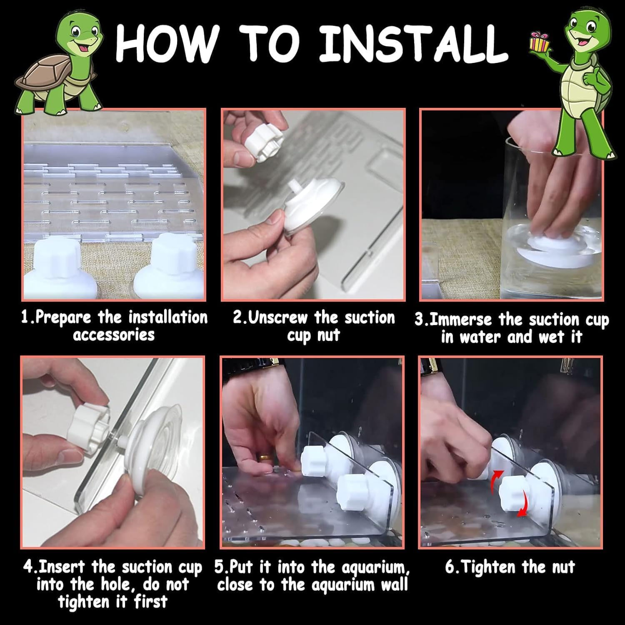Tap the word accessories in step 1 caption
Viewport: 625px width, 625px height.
[x=114, y=335]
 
